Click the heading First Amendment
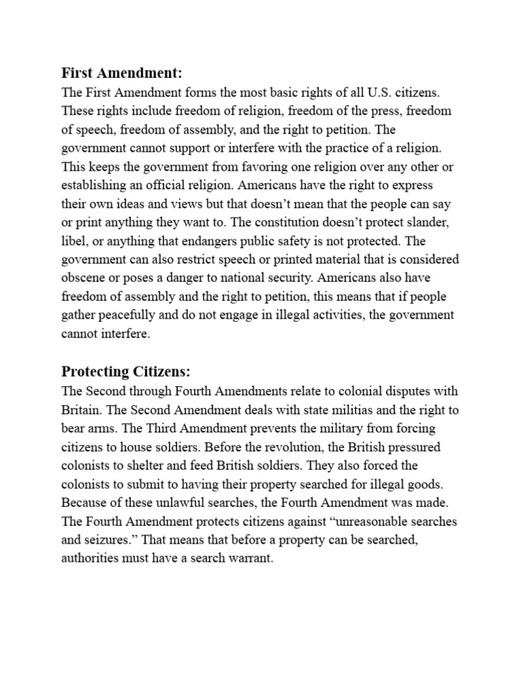tap(122, 73)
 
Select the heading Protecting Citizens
tap(126, 371)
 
